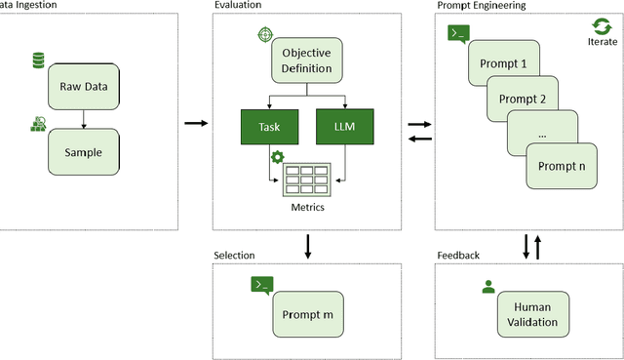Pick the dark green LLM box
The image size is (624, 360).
pyautogui.click(x=345, y=126)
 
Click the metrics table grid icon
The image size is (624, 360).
pyautogui.click(x=307, y=180)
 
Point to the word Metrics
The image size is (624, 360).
pyautogui.click(x=307, y=207)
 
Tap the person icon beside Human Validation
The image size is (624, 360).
pyautogui.click(x=488, y=287)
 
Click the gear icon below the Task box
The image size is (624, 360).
pyautogui.click(x=277, y=157)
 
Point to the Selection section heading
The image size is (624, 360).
pyautogui.click(x=234, y=256)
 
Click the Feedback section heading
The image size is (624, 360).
pyautogui.click(x=458, y=256)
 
